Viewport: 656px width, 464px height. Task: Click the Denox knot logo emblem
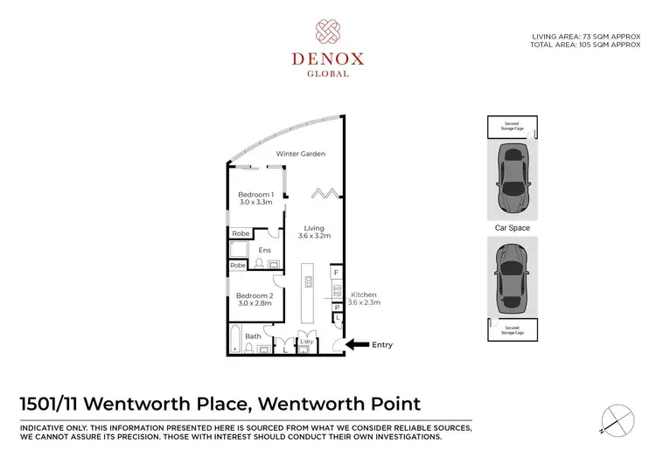pos(328,33)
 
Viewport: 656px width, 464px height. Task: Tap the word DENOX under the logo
pos(328,60)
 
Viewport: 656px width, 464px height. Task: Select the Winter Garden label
pos(301,154)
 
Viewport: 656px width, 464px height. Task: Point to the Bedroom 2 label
pos(255,295)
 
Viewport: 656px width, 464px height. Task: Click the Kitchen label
pos(363,295)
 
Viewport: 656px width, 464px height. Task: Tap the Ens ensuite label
pos(264,251)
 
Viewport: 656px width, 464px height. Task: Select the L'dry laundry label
pos(307,340)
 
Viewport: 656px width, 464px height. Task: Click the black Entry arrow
pos(356,345)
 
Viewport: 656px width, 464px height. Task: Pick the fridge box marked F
pos(336,274)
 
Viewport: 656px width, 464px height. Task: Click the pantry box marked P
pos(336,308)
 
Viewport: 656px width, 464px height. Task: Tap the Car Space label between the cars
pos(512,228)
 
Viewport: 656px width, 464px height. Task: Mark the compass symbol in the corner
pos(618,419)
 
